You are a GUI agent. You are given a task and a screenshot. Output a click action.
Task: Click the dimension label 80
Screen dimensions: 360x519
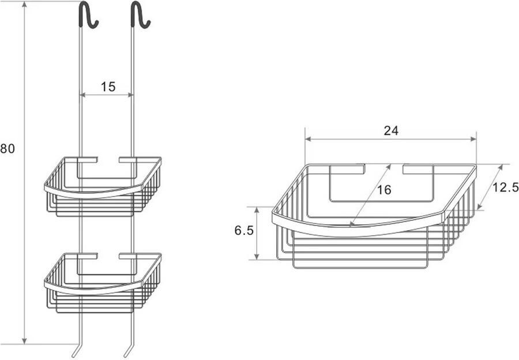tap(7, 148)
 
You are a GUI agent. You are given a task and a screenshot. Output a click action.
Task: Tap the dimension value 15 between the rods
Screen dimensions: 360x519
tap(108, 87)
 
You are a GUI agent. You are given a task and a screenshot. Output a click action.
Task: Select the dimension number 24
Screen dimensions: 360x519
tap(391, 130)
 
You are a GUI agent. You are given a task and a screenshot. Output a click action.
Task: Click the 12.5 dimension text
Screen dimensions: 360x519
tap(506, 187)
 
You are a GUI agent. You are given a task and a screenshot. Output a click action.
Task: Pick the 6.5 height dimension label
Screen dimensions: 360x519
tap(244, 231)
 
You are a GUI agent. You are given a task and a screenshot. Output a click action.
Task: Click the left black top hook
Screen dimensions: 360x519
tap(86, 14)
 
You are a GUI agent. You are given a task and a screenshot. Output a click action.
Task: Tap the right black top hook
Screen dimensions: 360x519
tap(139, 14)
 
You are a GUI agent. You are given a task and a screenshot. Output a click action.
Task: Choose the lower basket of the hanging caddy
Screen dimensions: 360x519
tap(103, 282)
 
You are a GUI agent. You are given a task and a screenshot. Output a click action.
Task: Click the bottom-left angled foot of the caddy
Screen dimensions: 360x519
tap(76, 351)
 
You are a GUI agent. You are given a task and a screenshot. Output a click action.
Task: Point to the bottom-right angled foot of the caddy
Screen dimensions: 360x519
tap(127, 351)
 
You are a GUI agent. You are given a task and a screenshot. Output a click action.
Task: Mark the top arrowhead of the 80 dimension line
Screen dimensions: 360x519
tap(24, 5)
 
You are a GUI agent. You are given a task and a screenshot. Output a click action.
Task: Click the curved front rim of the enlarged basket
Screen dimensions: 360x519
tap(358, 229)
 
